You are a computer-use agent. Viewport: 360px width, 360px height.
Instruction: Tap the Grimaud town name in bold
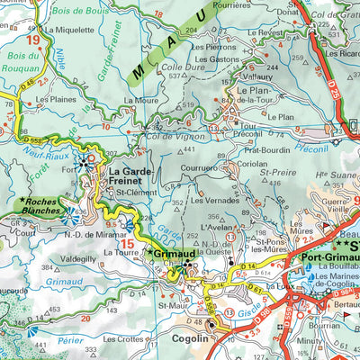pos(174,255)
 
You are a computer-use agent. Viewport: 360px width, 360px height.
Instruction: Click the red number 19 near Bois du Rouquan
pos(33,40)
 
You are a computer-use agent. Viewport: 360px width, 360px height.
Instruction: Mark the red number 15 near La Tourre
pos(130,244)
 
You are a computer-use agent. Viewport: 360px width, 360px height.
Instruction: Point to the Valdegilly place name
pos(78,257)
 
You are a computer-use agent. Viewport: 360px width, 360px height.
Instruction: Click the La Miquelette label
pos(69,29)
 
